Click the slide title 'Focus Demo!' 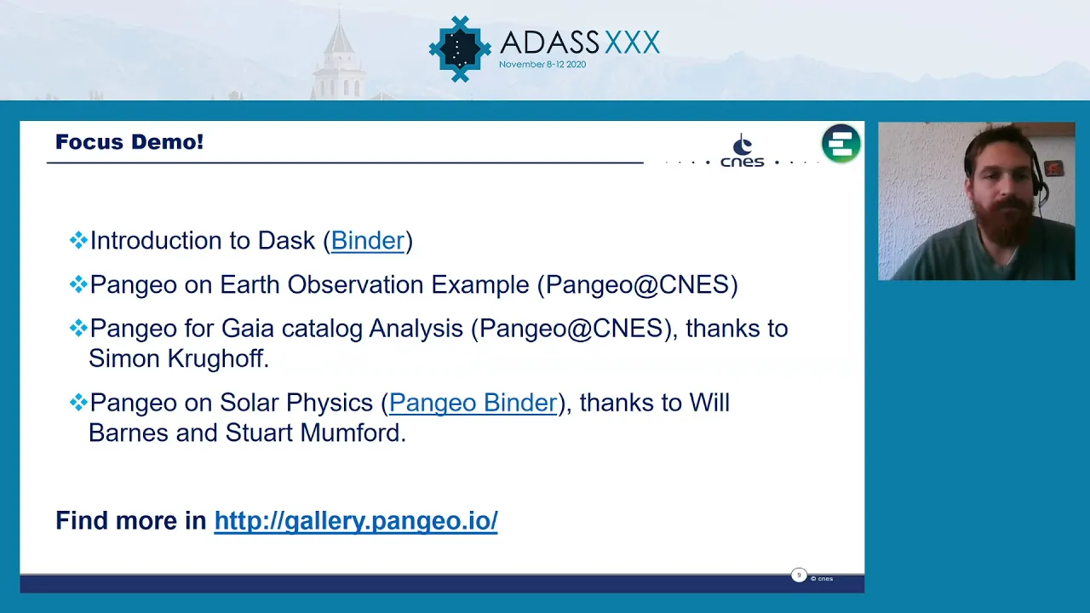tap(129, 142)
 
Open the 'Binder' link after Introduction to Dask tap(368, 241)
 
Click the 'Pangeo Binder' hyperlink tap(473, 404)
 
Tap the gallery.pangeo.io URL tap(356, 521)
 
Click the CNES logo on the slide tap(742, 151)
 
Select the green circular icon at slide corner tap(840, 144)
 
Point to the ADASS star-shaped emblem tap(460, 49)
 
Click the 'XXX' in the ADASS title tap(632, 43)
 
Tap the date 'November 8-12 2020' tap(542, 64)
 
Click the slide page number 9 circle tap(799, 575)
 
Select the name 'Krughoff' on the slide tap(218, 359)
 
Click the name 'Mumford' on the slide tap(353, 433)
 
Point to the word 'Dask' tap(286, 241)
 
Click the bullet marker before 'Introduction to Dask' tap(78, 240)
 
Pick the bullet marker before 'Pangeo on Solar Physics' tap(78, 403)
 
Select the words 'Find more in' tap(131, 520)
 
